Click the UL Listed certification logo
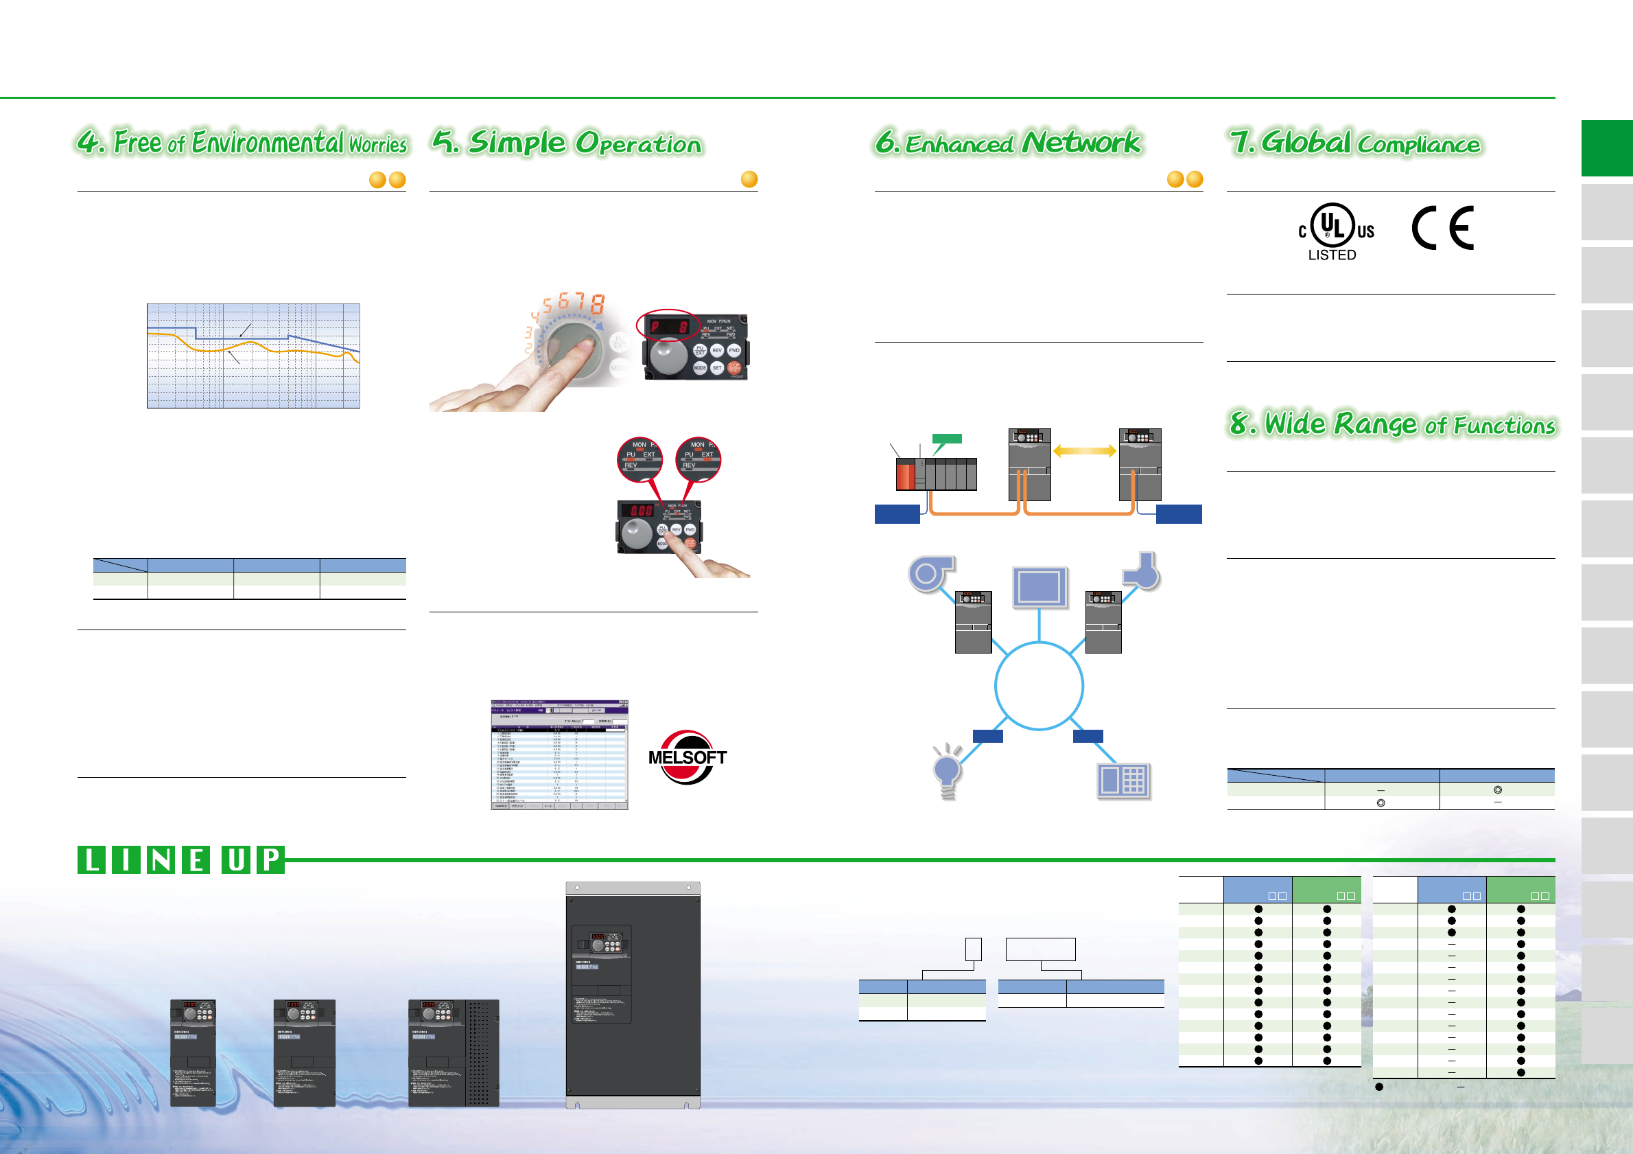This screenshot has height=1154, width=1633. [x=1335, y=231]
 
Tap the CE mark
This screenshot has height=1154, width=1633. [x=1442, y=228]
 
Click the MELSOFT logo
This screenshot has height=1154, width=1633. [x=687, y=757]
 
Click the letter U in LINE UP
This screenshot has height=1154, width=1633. [x=236, y=859]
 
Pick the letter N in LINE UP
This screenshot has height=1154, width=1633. [x=161, y=859]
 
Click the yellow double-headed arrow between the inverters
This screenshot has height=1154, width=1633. [x=1085, y=451]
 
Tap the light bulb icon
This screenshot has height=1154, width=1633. [x=948, y=771]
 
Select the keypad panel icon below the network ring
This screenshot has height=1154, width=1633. [x=1123, y=781]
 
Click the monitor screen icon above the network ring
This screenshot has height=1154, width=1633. [x=1039, y=587]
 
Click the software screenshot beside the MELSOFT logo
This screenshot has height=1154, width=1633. [x=559, y=755]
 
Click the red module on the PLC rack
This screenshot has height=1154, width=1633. [x=905, y=475]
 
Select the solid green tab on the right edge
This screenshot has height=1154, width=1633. [x=1606, y=148]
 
